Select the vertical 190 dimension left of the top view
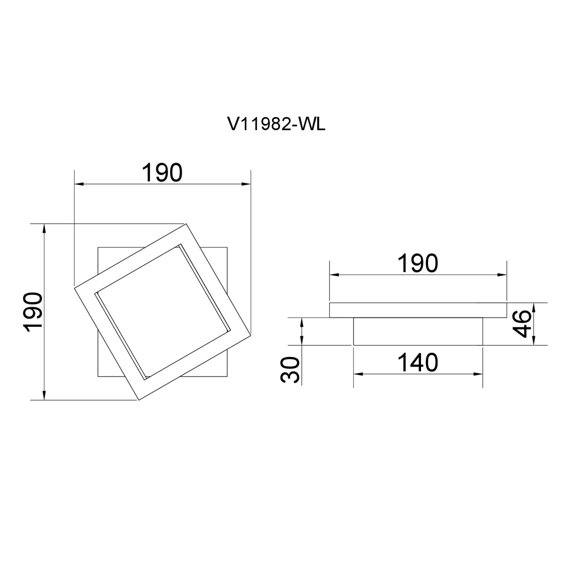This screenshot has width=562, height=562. [34, 312]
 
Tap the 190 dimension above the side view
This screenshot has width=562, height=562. [418, 263]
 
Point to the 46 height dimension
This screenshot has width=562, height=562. [521, 324]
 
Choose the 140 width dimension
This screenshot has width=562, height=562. [418, 362]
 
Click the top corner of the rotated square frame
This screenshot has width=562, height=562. [186, 224]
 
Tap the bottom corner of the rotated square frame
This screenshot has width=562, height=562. [139, 400]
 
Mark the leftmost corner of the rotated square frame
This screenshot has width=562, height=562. [74, 288]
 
